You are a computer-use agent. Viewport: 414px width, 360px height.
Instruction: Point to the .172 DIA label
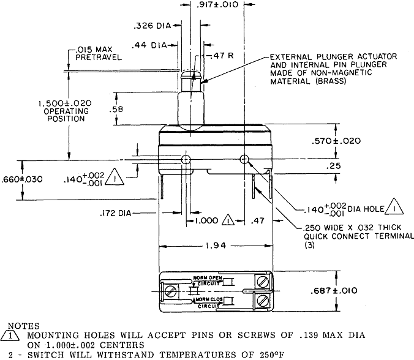click(118, 214)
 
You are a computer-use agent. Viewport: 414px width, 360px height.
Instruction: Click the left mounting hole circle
click(184, 160)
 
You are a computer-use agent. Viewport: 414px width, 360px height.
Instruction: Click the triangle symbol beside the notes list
click(12, 335)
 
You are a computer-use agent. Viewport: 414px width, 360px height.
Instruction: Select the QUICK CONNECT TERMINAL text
click(348, 236)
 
